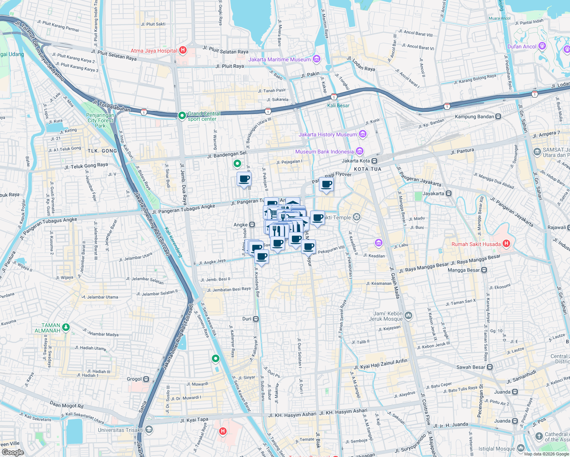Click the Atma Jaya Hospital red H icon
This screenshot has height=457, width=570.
click(183, 50)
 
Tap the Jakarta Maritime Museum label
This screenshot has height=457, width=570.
click(279, 59)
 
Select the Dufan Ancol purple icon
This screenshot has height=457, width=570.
click(542, 46)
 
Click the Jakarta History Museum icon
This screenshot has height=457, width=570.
click(363, 134)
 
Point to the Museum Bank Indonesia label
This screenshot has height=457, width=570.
click(324, 152)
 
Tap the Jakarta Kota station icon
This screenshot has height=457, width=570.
click(375, 161)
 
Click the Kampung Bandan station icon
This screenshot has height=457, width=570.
click(498, 117)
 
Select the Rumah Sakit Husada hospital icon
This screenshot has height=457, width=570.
click(506, 244)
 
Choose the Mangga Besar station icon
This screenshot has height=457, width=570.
click(484, 270)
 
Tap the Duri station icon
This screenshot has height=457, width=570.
click(256, 319)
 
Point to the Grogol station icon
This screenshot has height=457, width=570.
click(146, 379)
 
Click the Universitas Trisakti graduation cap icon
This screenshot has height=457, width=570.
click(149, 430)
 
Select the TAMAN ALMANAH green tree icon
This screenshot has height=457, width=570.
click(66, 327)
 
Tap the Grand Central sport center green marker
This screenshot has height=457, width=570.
click(182, 115)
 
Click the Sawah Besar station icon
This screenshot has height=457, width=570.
click(490, 367)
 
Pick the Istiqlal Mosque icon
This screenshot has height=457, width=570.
click(521, 448)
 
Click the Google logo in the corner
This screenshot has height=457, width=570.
click(13, 452)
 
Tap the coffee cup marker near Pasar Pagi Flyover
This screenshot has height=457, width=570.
click(326, 185)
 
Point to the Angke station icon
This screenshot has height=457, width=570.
click(252, 225)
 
